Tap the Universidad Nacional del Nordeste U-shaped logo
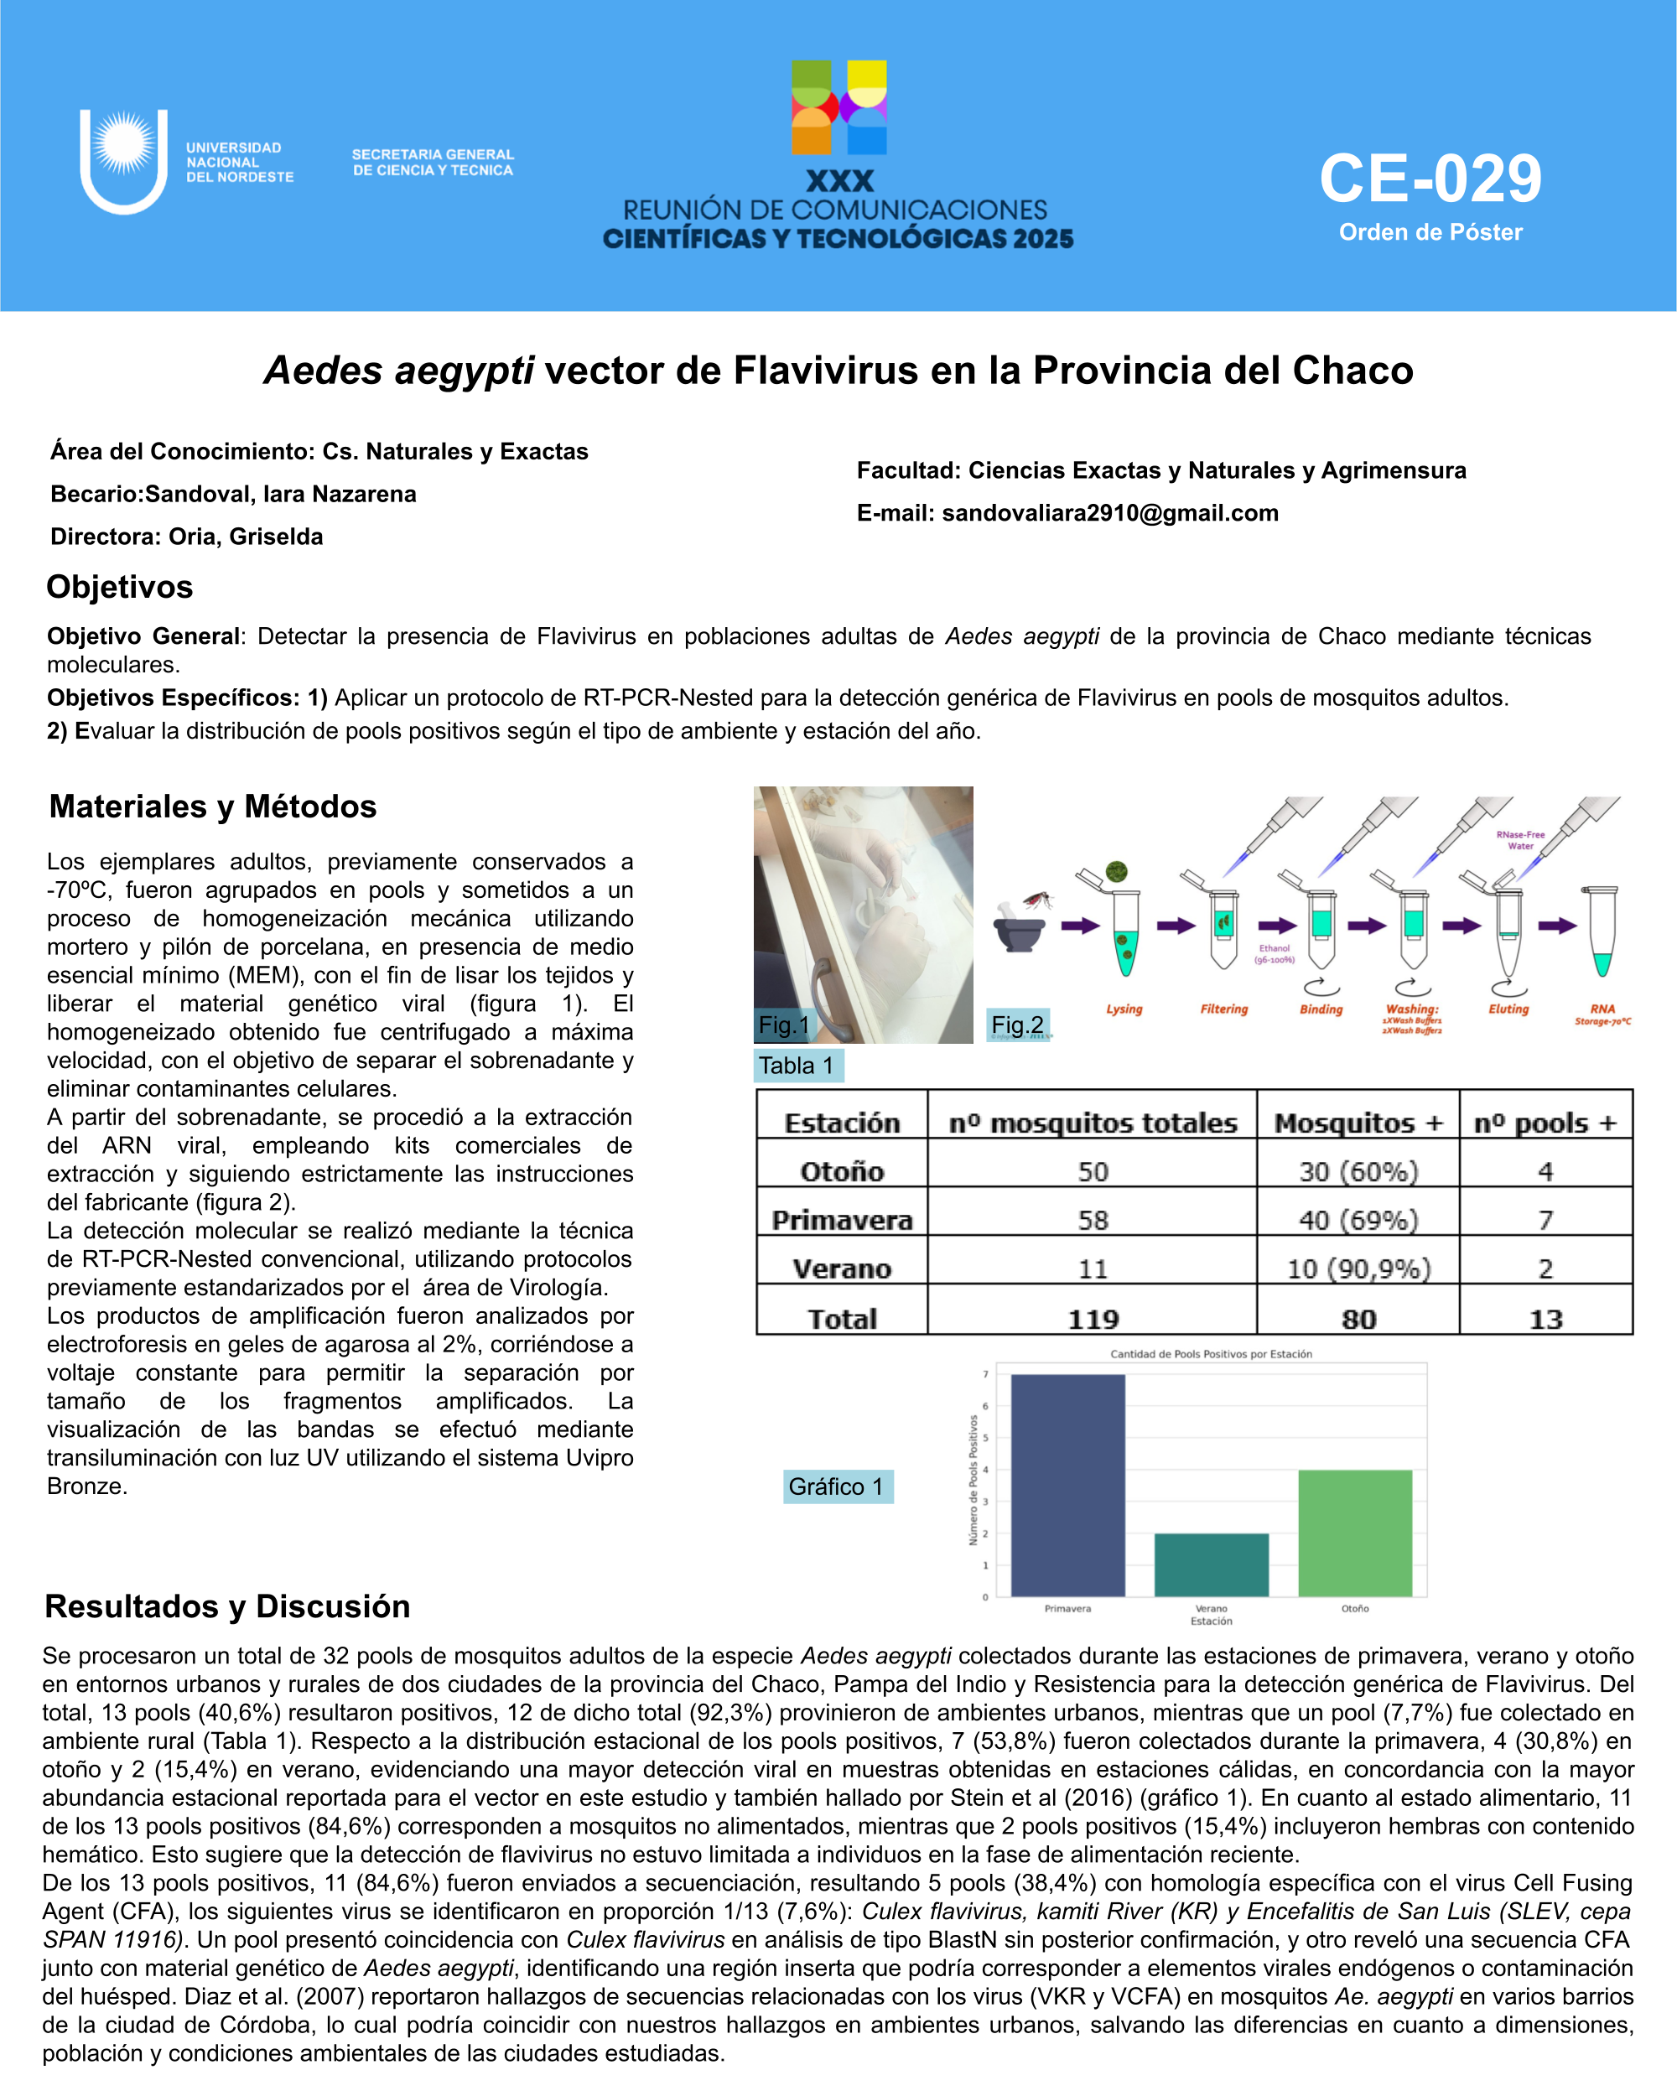point(123,161)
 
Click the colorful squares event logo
point(839,108)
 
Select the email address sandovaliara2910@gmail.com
point(1109,513)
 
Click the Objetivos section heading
point(120,587)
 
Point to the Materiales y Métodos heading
point(213,806)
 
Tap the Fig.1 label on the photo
point(783,1025)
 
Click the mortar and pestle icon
point(1018,926)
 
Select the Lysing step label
point(1124,1009)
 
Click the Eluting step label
point(1508,1009)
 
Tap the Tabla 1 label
point(797,1066)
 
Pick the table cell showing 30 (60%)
point(1358,1171)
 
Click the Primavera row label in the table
point(842,1220)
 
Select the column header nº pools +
point(1545,1123)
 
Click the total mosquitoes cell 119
point(1093,1320)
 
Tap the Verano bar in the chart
point(1212,1564)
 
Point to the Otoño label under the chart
point(1355,1609)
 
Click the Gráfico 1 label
point(836,1486)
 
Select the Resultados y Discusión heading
point(227,1606)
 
